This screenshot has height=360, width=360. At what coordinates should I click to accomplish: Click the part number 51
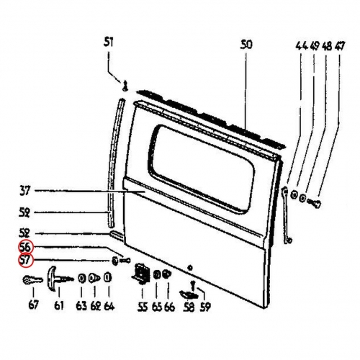pyautogui.click(x=109, y=42)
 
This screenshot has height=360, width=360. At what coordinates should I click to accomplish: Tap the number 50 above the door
pyautogui.click(x=246, y=45)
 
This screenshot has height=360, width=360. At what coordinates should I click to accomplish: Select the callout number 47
pyautogui.click(x=339, y=46)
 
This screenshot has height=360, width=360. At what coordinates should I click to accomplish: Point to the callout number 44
pyautogui.click(x=302, y=46)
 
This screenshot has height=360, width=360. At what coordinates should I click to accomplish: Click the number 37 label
pyautogui.click(x=24, y=192)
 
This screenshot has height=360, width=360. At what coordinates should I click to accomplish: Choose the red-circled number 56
pyautogui.click(x=25, y=247)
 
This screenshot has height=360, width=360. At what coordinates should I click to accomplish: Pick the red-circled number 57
pyautogui.click(x=25, y=261)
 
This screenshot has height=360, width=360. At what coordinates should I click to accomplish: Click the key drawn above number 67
pyautogui.click(x=32, y=280)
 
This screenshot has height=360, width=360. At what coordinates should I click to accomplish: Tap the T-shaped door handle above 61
pyautogui.click(x=59, y=279)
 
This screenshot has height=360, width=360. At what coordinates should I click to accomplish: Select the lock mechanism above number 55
pyautogui.click(x=142, y=274)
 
